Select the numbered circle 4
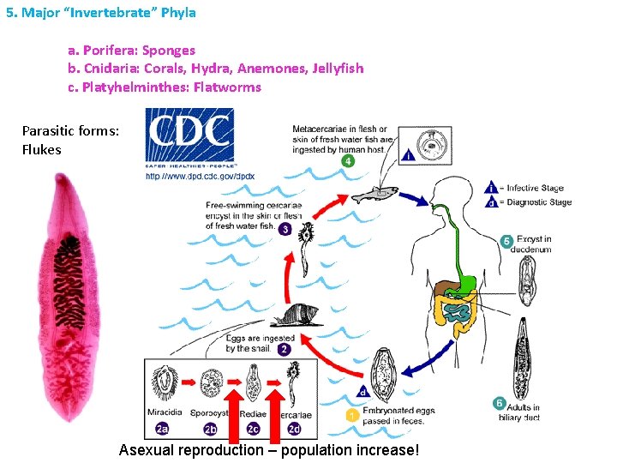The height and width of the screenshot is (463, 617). pos(346,160)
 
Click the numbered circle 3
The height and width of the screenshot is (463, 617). pos(284,230)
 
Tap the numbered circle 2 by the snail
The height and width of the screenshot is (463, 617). pos(284,349)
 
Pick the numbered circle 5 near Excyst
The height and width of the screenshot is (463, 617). pos(506,242)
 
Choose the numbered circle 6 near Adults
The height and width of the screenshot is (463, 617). pos(499,403)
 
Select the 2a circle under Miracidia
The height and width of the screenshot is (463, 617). pos(163,429)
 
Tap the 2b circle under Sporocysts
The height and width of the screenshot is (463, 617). pos(211,429)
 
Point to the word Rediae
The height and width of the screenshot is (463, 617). pos(253,414)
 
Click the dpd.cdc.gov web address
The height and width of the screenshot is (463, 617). pos(200,176)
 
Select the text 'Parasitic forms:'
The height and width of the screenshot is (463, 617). pos(70,131)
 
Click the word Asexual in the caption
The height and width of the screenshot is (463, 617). pos(146,450)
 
